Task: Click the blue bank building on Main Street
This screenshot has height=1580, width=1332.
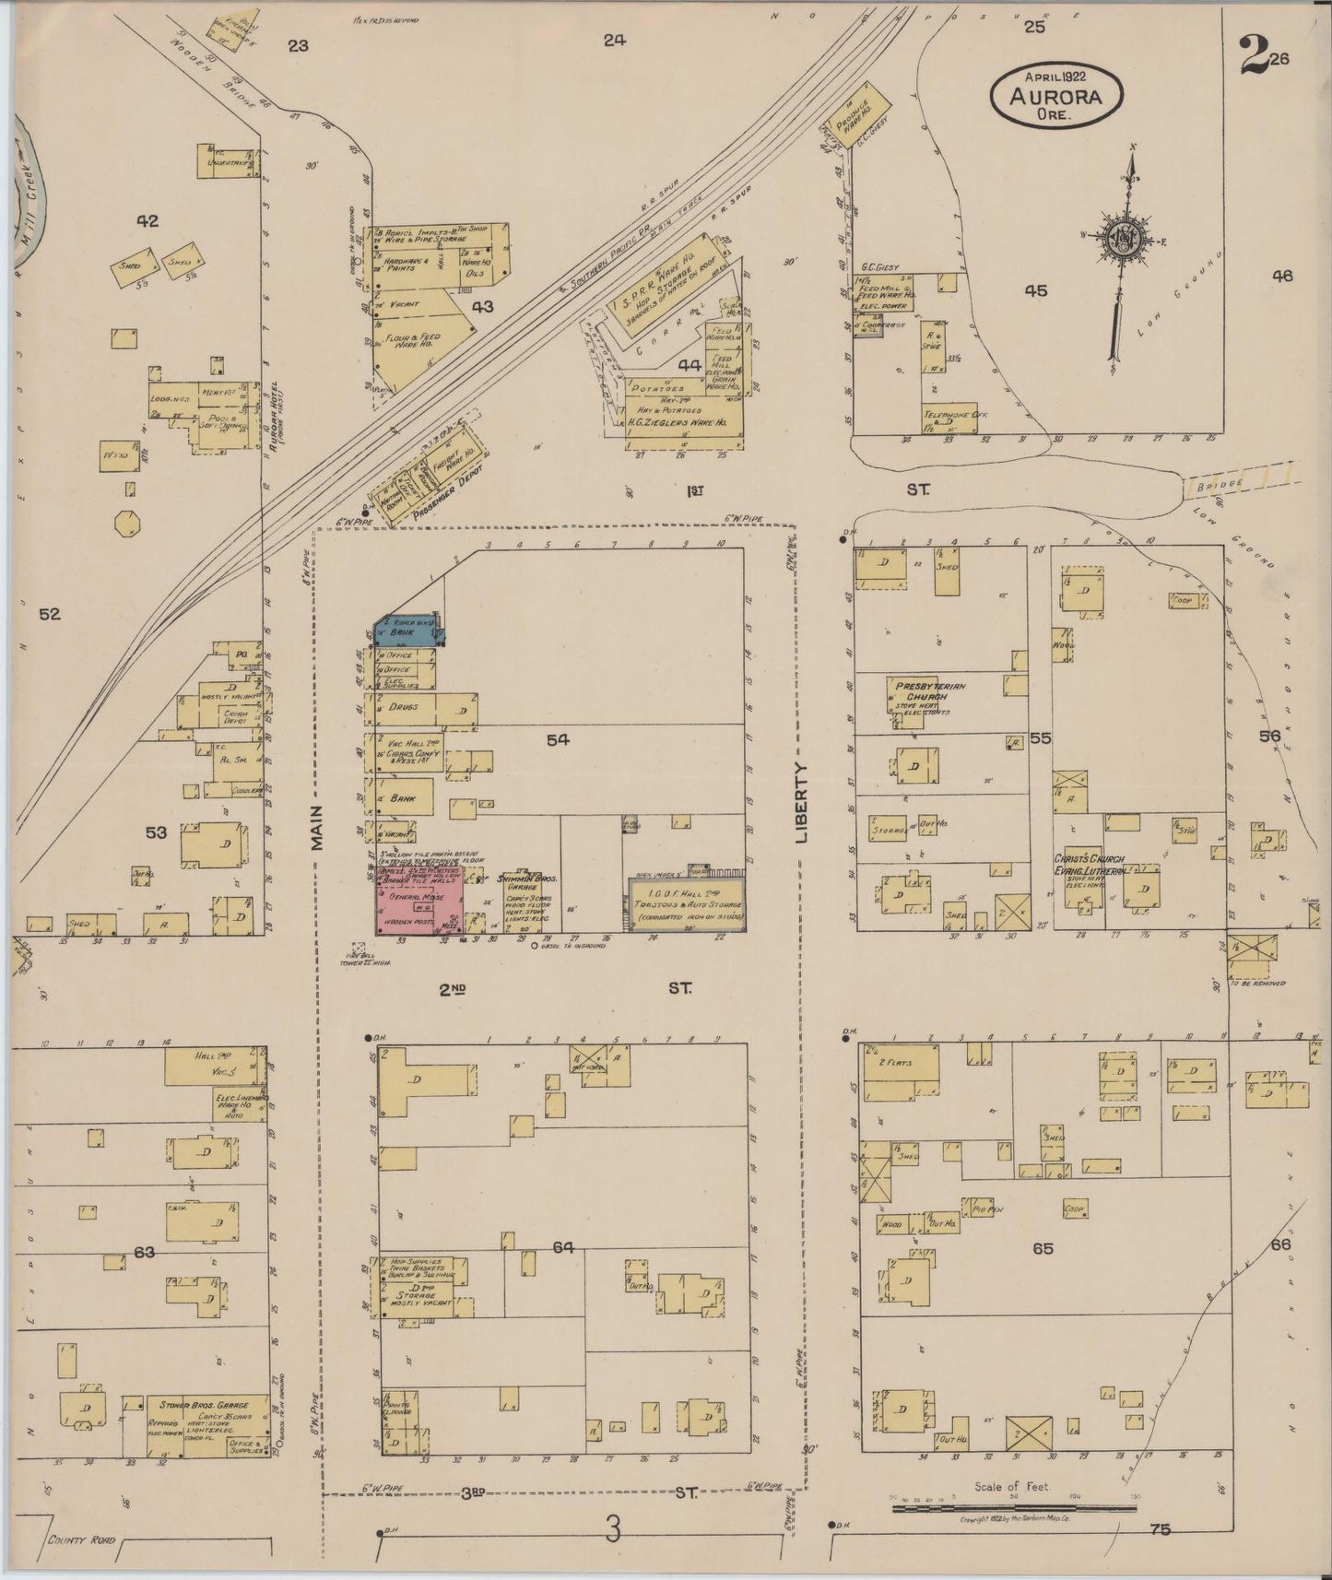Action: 406,631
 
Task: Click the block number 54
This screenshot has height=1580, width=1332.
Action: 557,738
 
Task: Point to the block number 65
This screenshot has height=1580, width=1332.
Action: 1043,1248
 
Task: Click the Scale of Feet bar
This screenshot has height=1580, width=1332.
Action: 1013,1509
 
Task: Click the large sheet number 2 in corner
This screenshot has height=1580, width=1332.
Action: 1252,57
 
